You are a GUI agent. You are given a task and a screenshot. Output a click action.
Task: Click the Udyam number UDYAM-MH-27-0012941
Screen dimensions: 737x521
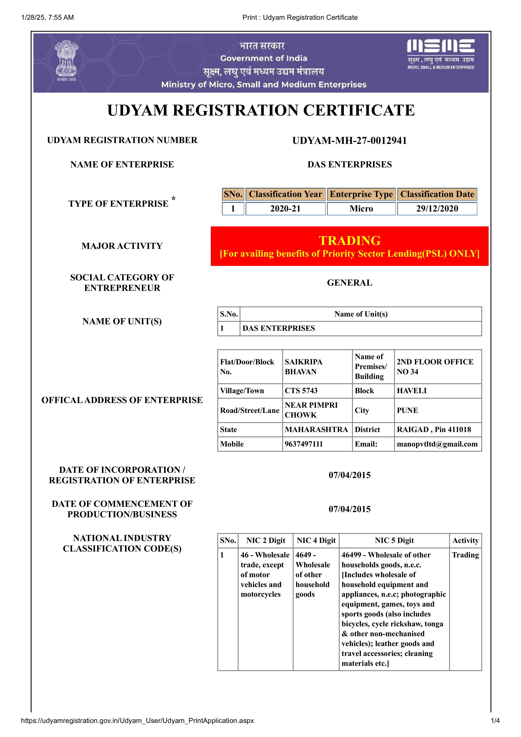click(350, 141)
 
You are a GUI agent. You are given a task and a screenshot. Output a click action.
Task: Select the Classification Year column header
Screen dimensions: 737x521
click(285, 194)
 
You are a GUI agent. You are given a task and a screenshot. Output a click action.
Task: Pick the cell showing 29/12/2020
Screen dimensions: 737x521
click(437, 209)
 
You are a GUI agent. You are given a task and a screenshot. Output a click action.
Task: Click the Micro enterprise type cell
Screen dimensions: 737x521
click(361, 209)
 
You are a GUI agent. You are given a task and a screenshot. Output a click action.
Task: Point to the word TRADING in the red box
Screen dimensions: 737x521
click(350, 240)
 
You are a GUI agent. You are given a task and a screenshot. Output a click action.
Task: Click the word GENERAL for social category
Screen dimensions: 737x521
click(350, 283)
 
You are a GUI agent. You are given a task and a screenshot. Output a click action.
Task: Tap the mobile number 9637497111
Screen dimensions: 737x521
click(303, 444)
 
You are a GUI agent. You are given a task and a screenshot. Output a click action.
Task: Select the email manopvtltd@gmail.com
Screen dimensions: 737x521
click(437, 444)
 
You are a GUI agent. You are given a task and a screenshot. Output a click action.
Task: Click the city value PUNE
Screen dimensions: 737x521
click(407, 410)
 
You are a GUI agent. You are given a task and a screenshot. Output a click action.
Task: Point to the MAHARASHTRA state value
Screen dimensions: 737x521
click(316, 430)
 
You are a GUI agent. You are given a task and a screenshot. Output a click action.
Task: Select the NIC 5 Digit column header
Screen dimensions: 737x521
click(394, 541)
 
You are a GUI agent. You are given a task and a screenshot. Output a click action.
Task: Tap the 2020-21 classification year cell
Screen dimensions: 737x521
click(285, 209)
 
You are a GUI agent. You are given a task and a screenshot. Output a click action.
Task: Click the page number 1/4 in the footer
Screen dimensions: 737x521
click(495, 721)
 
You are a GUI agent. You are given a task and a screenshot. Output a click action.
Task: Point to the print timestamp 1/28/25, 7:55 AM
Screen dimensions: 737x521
click(47, 17)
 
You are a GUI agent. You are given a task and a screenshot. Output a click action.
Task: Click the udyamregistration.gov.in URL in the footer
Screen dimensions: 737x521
click(137, 721)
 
